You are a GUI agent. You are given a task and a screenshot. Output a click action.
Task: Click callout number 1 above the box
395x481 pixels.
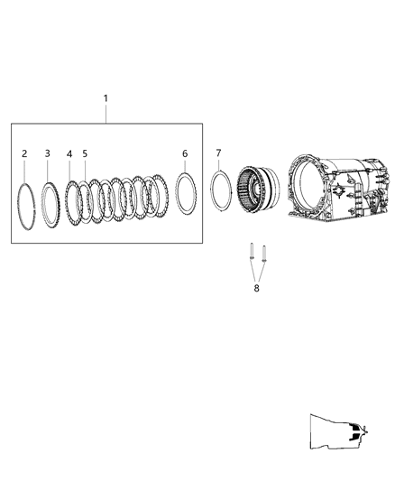click(106, 97)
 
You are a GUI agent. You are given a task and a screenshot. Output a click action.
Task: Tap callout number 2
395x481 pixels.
click(25, 153)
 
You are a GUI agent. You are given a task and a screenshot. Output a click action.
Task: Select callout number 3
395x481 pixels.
click(48, 153)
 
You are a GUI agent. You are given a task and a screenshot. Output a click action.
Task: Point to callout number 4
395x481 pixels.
click(69, 153)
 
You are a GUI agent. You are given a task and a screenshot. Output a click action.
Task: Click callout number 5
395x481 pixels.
click(85, 153)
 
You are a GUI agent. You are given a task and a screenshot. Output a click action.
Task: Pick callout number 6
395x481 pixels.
click(185, 153)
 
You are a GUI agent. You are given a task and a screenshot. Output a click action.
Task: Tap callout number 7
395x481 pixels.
click(218, 153)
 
